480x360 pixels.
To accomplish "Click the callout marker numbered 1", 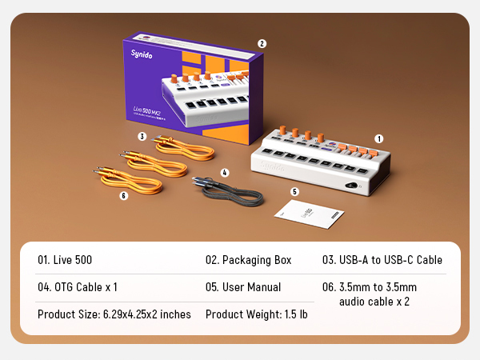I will pos(379,138).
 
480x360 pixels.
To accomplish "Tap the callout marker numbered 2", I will pos(262,44).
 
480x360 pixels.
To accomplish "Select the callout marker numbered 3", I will pos(142,137).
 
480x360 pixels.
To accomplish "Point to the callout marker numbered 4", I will pos(225,172).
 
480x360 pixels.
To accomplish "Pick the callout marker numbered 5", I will pos(294,192).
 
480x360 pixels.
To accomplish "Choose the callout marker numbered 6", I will pos(124,194).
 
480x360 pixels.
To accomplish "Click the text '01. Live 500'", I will pos(66,260).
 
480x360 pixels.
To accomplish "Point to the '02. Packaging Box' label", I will pos(249,260).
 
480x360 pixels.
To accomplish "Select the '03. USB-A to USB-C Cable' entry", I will pos(382,260).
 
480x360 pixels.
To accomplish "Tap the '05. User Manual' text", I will pos(243,287).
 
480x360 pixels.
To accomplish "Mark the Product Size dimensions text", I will pos(114,314).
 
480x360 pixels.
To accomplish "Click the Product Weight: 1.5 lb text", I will pos(256,314).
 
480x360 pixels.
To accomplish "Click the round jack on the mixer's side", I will pos(352,185).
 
